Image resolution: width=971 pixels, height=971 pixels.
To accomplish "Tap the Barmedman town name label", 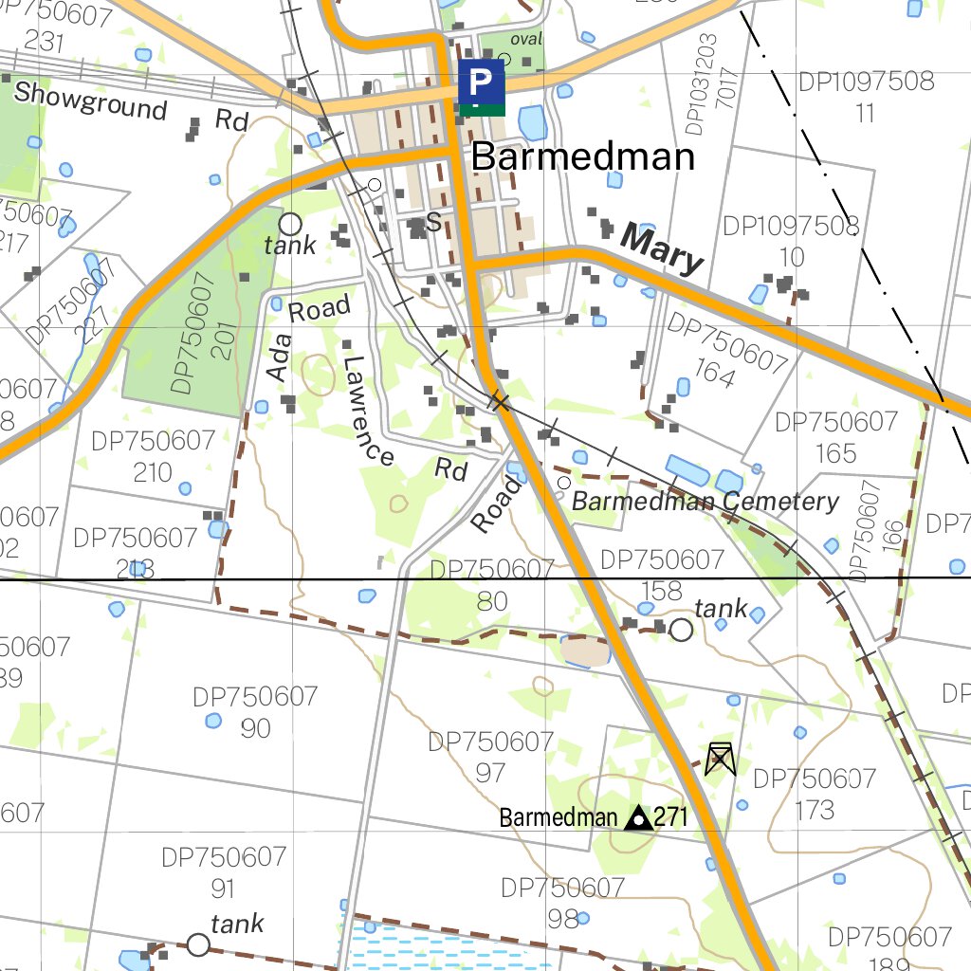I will (582, 156).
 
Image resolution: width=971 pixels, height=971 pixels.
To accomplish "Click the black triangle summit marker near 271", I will (639, 816).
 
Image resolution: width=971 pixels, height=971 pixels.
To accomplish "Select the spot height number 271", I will (670, 817).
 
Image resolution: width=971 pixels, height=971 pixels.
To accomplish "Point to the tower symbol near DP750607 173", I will (721, 759).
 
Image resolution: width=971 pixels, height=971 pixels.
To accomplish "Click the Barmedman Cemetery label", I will (705, 502).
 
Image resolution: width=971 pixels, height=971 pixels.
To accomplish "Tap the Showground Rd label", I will (131, 106).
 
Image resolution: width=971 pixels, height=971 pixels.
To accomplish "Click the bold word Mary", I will (663, 249).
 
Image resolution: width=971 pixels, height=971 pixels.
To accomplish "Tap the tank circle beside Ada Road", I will (290, 224).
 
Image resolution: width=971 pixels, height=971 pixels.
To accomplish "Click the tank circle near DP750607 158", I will (681, 629).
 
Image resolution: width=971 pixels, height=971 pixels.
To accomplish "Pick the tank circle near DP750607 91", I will (197, 944).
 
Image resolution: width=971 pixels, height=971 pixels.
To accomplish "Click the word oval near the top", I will (525, 40).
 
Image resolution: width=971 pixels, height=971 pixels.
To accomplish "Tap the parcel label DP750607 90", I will (255, 712).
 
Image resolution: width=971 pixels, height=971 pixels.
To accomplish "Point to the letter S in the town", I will (434, 222).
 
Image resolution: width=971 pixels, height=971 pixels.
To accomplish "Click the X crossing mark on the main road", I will (500, 402).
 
